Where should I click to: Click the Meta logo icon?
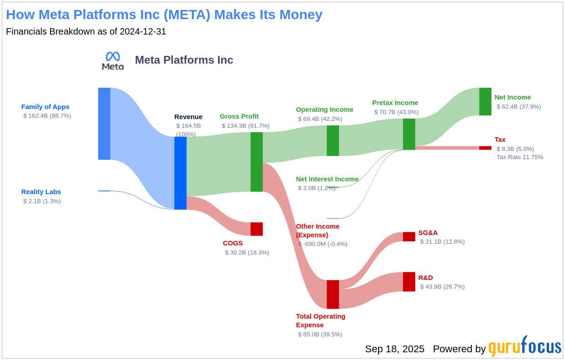(x=113, y=61)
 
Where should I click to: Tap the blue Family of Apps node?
(x=104, y=124)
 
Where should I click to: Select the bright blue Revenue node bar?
(x=180, y=173)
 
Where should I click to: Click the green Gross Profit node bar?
(x=257, y=162)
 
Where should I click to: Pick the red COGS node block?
(x=257, y=229)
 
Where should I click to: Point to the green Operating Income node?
(x=333, y=140)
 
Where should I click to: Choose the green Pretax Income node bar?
(x=409, y=134)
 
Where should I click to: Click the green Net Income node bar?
(x=485, y=101)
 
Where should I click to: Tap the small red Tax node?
(x=485, y=148)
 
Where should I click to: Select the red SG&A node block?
(x=409, y=236)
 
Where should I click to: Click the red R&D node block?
(x=409, y=282)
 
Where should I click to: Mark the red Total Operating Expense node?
(x=333, y=294)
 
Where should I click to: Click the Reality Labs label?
(x=41, y=192)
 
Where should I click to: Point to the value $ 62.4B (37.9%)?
(x=519, y=107)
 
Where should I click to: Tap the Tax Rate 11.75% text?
(x=520, y=157)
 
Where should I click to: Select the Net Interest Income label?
(x=327, y=179)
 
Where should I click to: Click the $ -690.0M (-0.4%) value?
(x=323, y=244)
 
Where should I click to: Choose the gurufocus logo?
(x=525, y=347)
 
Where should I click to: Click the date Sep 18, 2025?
(x=394, y=349)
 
